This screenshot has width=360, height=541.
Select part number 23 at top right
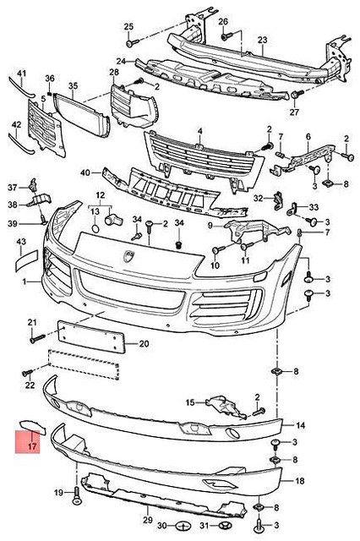pyautogui.click(x=262, y=40)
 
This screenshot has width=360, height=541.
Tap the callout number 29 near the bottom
pyautogui.click(x=147, y=519)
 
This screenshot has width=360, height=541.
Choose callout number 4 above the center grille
pyautogui.click(x=199, y=132)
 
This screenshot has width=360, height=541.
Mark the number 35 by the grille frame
pyautogui.click(x=72, y=86)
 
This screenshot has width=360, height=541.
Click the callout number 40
pyautogui.click(x=85, y=173)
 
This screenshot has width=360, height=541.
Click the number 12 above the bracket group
pyautogui.click(x=100, y=195)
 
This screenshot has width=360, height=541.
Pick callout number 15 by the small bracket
pyautogui.click(x=189, y=402)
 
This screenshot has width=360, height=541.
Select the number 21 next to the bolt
pyautogui.click(x=33, y=323)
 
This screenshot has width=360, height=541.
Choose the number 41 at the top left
pyautogui.click(x=22, y=74)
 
